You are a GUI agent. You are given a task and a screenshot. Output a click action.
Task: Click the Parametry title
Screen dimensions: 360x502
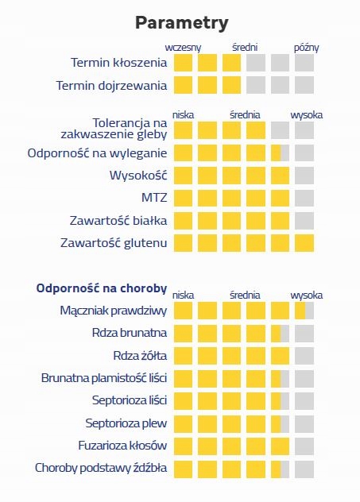pyautogui.click(x=182, y=23)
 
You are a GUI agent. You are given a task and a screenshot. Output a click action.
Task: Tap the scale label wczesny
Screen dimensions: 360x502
pyautogui.click(x=183, y=48)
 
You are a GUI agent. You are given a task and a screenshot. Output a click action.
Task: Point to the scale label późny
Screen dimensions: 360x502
pyautogui.click(x=306, y=48)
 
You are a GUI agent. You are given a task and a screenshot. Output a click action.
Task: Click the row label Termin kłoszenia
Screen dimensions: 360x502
pyautogui.click(x=119, y=63)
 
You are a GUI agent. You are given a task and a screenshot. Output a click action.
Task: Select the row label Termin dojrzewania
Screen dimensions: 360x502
pyautogui.click(x=111, y=86)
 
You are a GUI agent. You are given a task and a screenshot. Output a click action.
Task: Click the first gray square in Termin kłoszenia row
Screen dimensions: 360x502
pyautogui.click(x=256, y=63)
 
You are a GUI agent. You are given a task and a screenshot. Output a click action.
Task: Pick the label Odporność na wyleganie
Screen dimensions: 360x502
pyautogui.click(x=97, y=153)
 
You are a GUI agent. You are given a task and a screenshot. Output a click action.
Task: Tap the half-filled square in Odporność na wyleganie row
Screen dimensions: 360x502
pyautogui.click(x=280, y=153)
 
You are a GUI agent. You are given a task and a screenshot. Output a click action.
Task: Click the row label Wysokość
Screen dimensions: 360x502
pyautogui.click(x=138, y=175)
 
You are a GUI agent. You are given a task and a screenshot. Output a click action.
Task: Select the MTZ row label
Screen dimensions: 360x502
pyautogui.click(x=154, y=198)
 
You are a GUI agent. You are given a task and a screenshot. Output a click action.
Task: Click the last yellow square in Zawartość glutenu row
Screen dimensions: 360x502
pyautogui.click(x=304, y=243)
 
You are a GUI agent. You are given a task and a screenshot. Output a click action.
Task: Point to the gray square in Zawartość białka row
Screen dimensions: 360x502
pyautogui.click(x=304, y=221)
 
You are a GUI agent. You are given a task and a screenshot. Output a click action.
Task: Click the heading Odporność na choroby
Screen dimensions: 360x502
pyautogui.click(x=102, y=288)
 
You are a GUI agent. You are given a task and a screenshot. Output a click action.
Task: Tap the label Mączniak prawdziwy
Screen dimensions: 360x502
pyautogui.click(x=114, y=311)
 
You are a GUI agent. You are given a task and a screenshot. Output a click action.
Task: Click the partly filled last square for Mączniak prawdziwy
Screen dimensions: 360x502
pyautogui.click(x=304, y=311)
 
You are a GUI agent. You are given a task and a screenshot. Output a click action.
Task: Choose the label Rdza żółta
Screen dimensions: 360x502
pyautogui.click(x=140, y=356)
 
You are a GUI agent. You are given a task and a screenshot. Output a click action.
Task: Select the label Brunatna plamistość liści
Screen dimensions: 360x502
pyautogui.click(x=104, y=378)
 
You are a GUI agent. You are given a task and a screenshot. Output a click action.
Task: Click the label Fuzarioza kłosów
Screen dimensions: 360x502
pyautogui.click(x=122, y=446)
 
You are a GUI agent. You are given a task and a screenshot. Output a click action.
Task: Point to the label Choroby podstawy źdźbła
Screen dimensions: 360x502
pyautogui.click(x=101, y=468)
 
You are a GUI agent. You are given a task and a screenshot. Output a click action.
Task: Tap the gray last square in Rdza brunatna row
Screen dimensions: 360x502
pyautogui.click(x=304, y=334)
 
